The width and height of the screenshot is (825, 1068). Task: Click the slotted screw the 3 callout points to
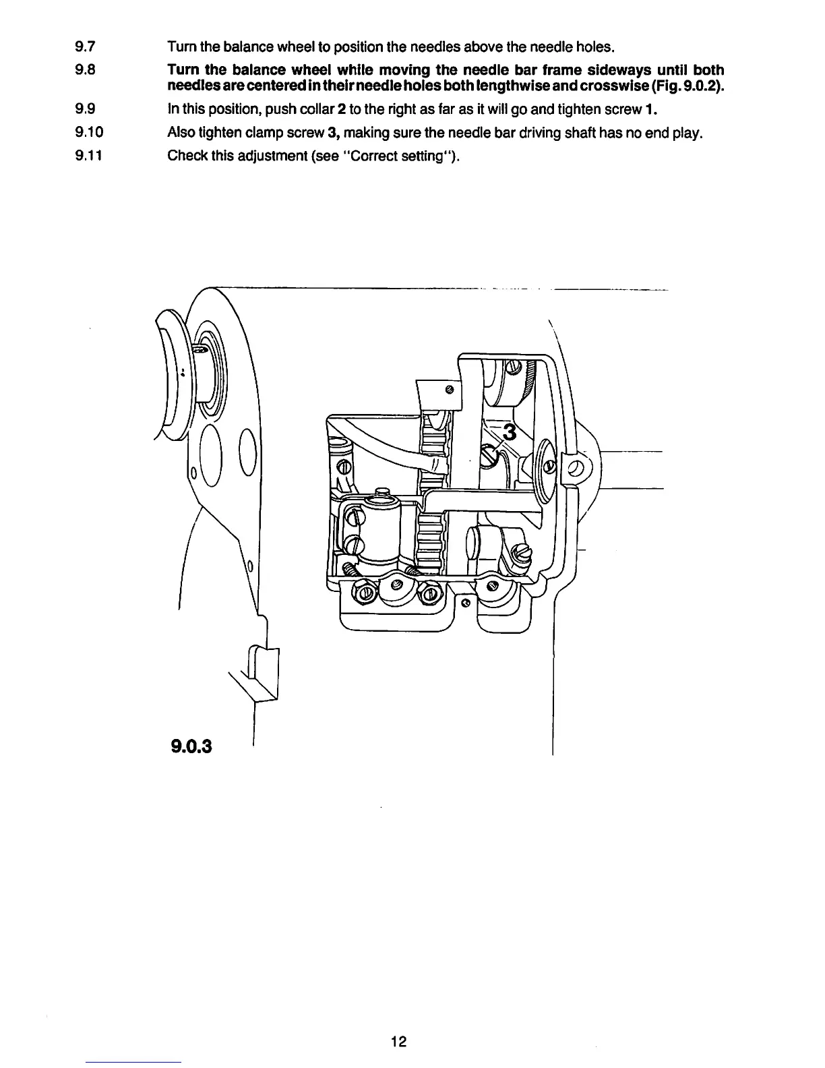point(489,456)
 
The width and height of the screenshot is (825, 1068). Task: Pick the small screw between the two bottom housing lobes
point(465,603)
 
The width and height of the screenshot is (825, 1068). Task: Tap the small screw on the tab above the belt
point(448,390)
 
